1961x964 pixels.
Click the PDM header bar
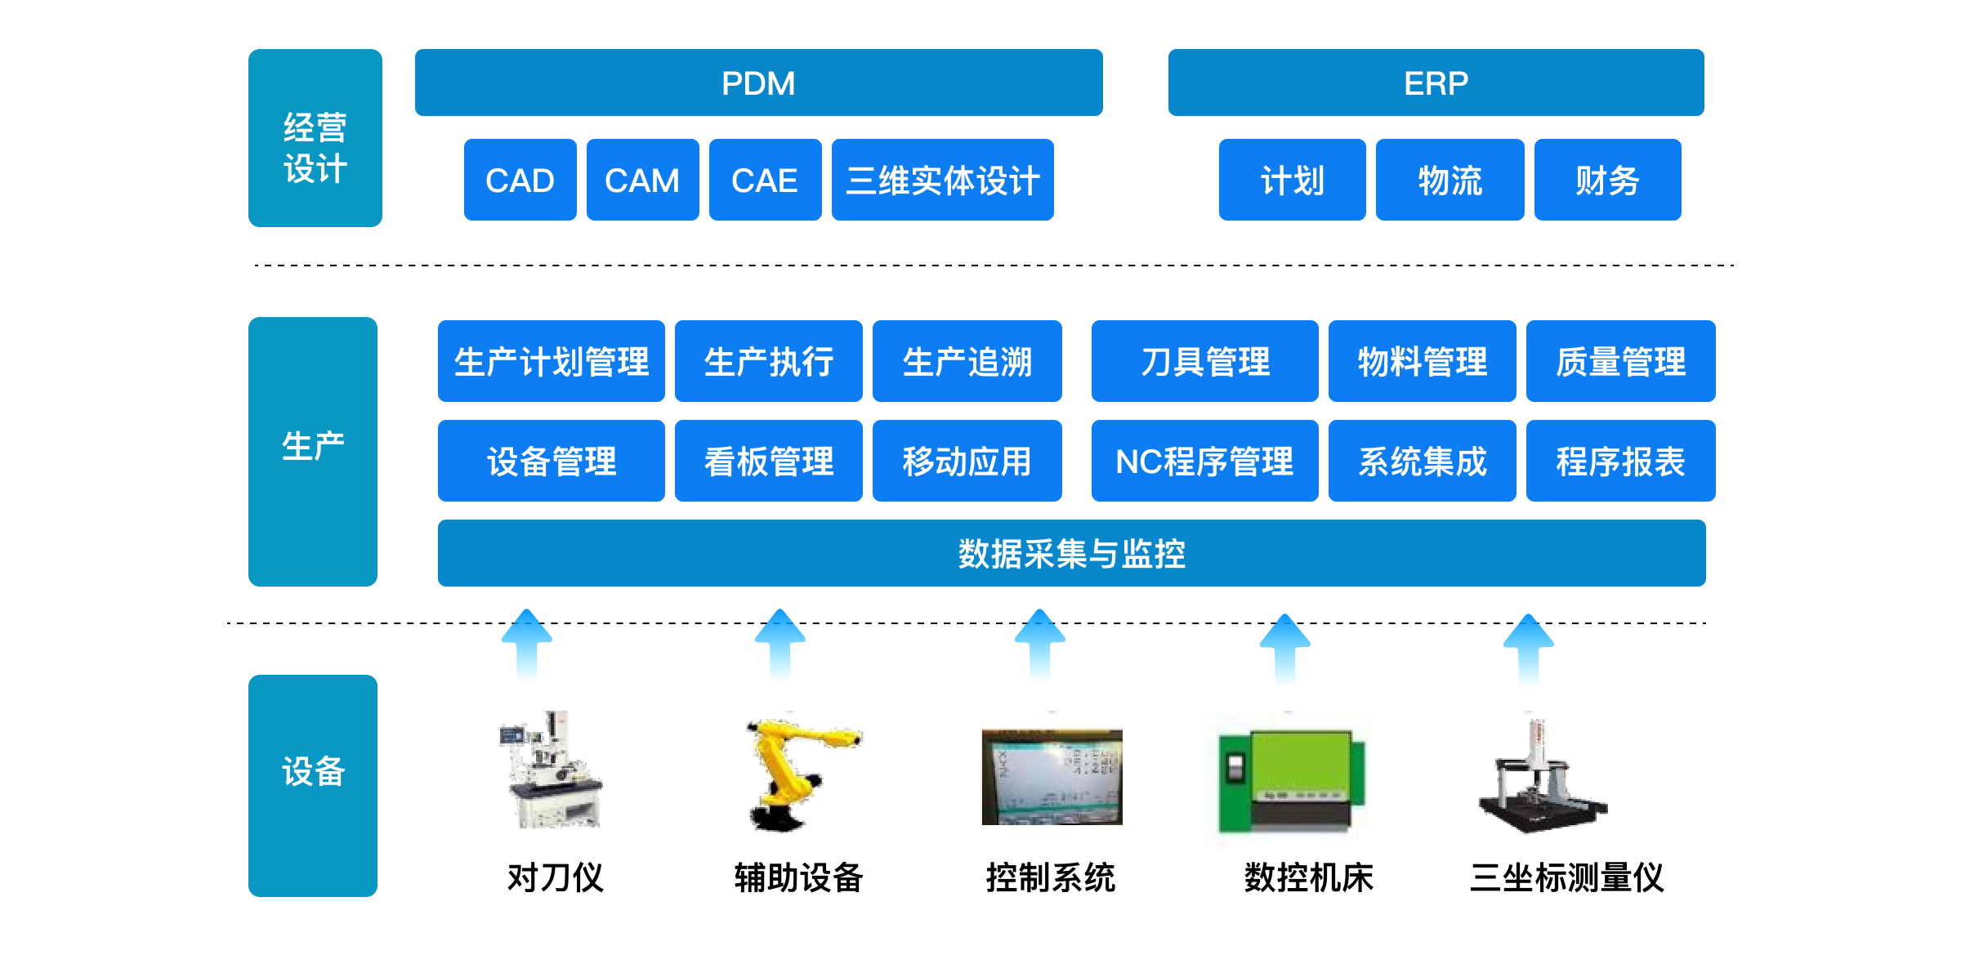click(758, 83)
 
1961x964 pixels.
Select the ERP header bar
click(1436, 83)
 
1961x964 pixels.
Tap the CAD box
click(520, 180)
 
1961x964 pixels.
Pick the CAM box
click(643, 180)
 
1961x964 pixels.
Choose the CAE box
click(766, 180)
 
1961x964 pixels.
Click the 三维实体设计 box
click(943, 180)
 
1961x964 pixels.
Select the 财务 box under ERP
click(1608, 180)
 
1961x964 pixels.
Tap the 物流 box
click(1450, 180)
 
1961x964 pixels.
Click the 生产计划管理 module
click(552, 361)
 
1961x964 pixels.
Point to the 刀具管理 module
click(1205, 361)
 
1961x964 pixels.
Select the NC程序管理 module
click(1205, 461)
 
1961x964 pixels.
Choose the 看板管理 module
click(769, 461)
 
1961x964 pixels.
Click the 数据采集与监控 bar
click(1072, 553)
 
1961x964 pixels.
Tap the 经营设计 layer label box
click(315, 138)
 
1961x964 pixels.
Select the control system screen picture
click(1052, 777)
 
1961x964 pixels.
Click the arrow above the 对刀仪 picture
click(527, 645)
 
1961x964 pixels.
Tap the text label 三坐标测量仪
click(1567, 877)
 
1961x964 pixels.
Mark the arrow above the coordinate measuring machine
click(1529, 649)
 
